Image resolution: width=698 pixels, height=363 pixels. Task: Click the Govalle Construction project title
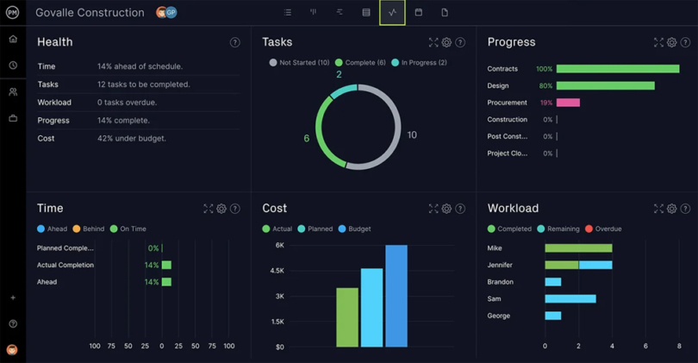point(90,13)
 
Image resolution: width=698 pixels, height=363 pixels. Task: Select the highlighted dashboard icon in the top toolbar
point(392,13)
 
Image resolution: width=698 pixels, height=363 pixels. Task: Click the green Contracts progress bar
point(617,69)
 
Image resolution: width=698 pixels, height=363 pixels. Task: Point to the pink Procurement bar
point(568,103)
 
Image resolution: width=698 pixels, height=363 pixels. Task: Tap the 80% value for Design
point(545,86)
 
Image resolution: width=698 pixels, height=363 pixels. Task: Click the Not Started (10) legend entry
point(299,63)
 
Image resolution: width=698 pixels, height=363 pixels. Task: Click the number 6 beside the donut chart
point(307,139)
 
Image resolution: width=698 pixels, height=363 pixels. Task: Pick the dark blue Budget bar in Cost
point(396,297)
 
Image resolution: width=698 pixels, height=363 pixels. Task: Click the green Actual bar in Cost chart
point(347,317)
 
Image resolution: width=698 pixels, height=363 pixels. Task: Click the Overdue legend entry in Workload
point(603,229)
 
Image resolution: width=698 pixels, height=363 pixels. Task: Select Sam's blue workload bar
point(570,299)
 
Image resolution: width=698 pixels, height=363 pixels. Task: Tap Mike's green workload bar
point(578,248)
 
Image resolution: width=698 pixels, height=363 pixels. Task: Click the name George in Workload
point(499,316)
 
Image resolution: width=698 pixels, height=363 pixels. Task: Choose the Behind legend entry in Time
point(89,229)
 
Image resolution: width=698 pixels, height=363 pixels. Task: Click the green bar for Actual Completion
point(166,266)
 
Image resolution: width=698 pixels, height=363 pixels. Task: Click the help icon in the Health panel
point(234,42)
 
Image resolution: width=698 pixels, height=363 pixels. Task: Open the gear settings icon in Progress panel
point(671,42)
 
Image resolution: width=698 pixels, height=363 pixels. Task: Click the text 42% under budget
point(132,139)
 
